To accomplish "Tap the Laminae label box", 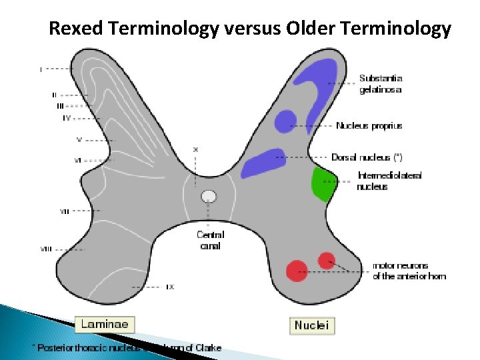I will (x=104, y=325).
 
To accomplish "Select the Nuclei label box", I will (x=311, y=325).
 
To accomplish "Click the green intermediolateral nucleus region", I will (x=323, y=184).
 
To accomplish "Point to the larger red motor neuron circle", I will (x=297, y=270).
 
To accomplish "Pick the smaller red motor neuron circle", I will (x=327, y=260).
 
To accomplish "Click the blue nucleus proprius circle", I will (x=285, y=121).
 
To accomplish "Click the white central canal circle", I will (x=209, y=196).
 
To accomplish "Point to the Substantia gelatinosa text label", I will (x=381, y=84).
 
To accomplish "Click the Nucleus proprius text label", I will (x=369, y=125).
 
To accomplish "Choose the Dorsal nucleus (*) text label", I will (x=367, y=157).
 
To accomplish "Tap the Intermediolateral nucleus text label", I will (x=389, y=181).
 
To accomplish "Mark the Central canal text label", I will (x=210, y=240).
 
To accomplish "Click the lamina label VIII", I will (x=46, y=249).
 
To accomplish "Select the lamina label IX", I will (x=170, y=287).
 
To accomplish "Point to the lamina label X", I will (x=195, y=149).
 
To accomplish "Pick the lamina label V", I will (x=79, y=140).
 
